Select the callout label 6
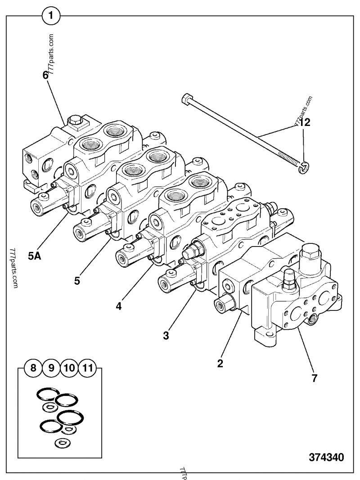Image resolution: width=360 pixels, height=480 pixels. (x=45, y=75)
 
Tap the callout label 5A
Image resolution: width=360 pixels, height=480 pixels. (x=35, y=256)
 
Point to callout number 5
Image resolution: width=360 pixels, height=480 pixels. (x=77, y=281)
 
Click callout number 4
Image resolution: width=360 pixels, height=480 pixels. (x=118, y=306)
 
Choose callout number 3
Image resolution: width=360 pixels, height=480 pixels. (x=166, y=335)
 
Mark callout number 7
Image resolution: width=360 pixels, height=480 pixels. (x=314, y=378)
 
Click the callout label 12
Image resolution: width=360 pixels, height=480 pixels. (x=305, y=122)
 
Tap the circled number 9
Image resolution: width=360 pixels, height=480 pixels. (x=51, y=368)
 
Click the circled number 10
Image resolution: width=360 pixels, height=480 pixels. (x=69, y=368)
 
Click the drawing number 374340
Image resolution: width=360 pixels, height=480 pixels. (x=326, y=458)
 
